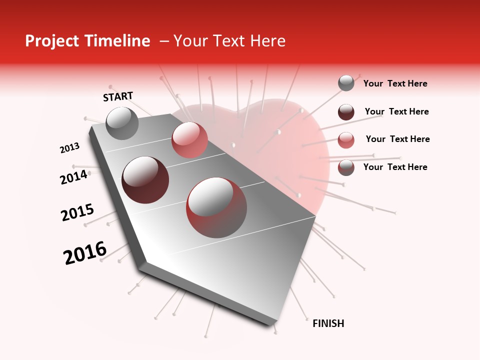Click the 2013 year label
(x=69, y=147)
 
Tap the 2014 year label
(x=73, y=177)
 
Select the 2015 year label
(x=77, y=212)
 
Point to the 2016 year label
(x=85, y=252)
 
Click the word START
(x=118, y=96)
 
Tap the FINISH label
(x=328, y=323)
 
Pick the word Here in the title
(x=267, y=41)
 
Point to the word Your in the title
(x=189, y=41)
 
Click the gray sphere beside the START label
(x=122, y=123)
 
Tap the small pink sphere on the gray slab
(x=189, y=139)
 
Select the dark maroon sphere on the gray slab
(x=145, y=180)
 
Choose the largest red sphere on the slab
(x=216, y=207)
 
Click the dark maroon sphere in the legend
(x=346, y=112)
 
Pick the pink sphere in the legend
(x=346, y=140)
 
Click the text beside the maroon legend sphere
(x=396, y=111)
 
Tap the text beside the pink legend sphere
(x=397, y=139)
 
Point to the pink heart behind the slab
(x=300, y=150)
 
